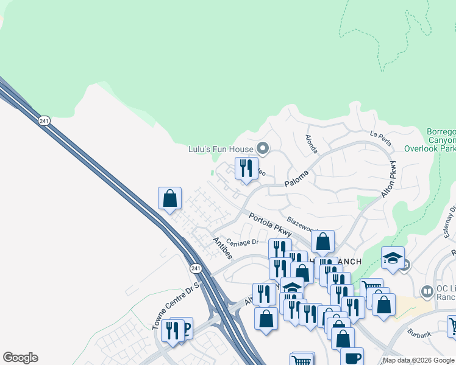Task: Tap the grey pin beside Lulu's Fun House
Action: (x=263, y=148)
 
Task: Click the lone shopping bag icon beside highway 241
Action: (x=170, y=198)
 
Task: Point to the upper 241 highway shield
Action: (x=43, y=121)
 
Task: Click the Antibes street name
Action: (x=221, y=248)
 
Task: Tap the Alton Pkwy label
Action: (x=389, y=181)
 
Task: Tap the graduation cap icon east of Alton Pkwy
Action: (x=393, y=258)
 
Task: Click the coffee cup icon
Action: (x=352, y=358)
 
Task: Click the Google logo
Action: (x=20, y=358)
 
